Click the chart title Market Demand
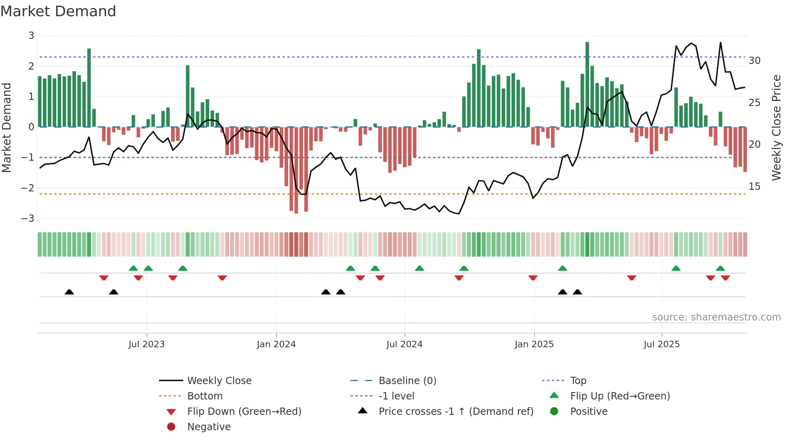coord(58,11)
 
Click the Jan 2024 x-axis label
coord(276,344)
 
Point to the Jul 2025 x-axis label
coord(662,344)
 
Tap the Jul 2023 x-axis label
coord(146,344)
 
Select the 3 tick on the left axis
coord(31,36)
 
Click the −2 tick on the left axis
coord(28,188)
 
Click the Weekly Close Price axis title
coord(776,127)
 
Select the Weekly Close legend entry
coord(219,381)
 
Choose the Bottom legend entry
coord(205,396)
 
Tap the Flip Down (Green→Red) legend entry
coord(244,412)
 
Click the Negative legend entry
coord(209,427)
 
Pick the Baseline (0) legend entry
coord(407,381)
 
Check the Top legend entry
coord(578,381)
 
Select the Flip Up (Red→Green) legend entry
coord(620,396)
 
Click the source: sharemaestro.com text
coord(716,317)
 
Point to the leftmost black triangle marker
coord(69,292)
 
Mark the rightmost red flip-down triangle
coord(725,278)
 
